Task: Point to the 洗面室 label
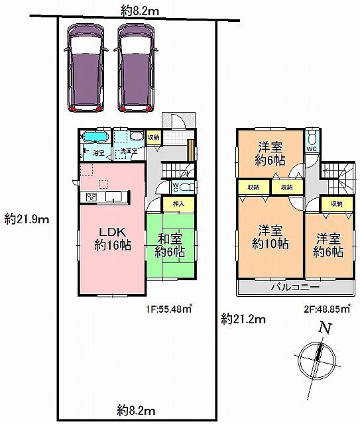point(128,152)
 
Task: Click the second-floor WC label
point(311,149)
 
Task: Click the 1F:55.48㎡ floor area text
point(169,307)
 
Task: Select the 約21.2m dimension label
point(243,320)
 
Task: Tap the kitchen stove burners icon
point(91,197)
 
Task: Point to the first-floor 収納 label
point(153,137)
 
